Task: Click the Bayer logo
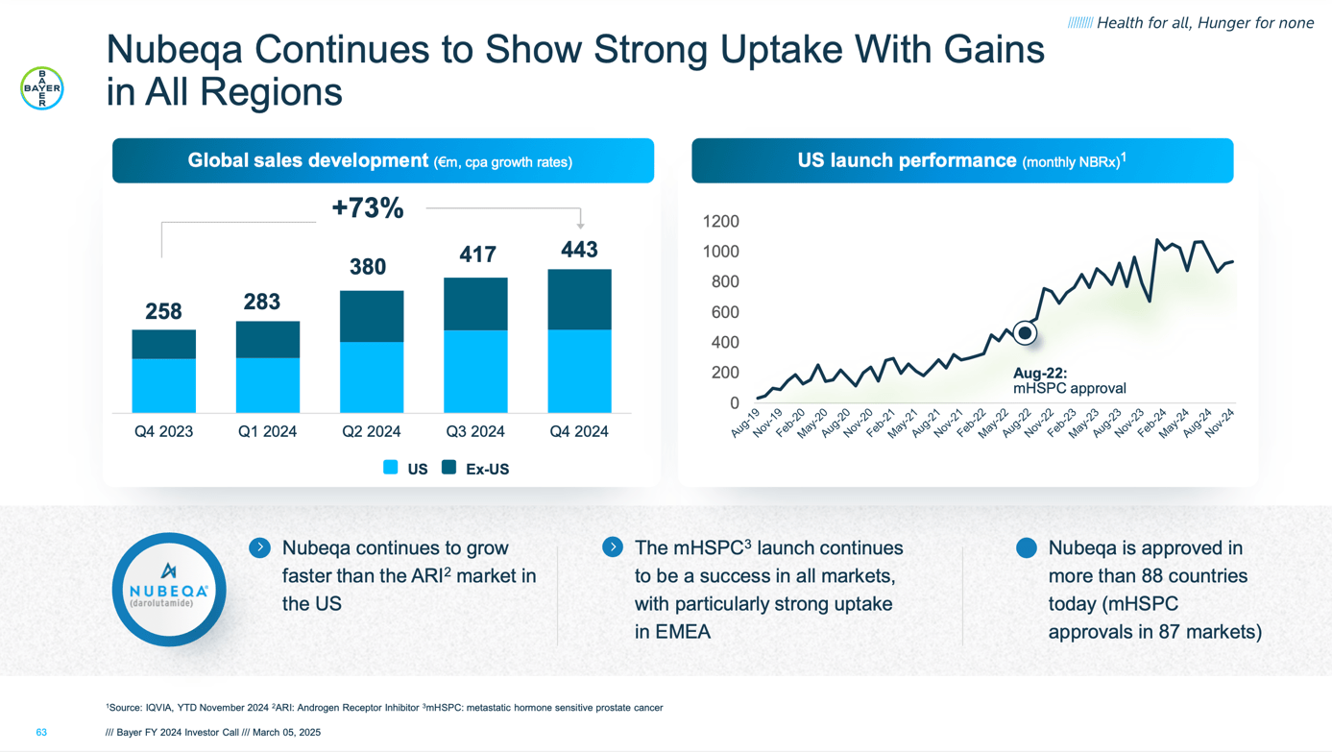point(42,88)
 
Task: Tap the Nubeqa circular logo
point(169,589)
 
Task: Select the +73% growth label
point(368,208)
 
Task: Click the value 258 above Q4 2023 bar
point(163,311)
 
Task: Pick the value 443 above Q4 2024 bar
point(579,250)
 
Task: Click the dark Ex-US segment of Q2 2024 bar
point(372,316)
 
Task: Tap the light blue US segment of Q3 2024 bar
point(475,371)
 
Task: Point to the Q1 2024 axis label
point(267,432)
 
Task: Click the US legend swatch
point(391,468)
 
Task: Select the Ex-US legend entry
point(476,469)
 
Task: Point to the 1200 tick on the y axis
point(720,222)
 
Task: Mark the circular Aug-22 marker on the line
point(1025,333)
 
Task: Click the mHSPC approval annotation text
point(1069,389)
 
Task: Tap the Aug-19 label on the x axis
point(745,424)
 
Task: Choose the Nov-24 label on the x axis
point(1219,424)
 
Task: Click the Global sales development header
point(382,161)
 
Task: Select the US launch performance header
point(961,161)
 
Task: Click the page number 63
point(41,732)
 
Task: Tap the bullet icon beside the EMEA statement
point(613,547)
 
